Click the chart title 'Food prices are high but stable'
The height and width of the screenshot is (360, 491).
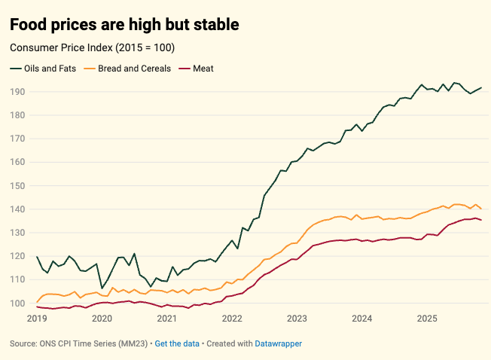pyautogui.click(x=124, y=25)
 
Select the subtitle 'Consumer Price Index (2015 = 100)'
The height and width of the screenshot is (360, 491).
pyautogui.click(x=92, y=48)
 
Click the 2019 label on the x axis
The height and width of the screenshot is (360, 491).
pyautogui.click(x=36, y=319)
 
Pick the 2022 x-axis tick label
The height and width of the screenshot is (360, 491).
pyautogui.click(x=231, y=319)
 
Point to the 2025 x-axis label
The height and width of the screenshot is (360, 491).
pyautogui.click(x=426, y=319)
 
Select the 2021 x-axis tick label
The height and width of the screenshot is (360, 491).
pyautogui.click(x=166, y=319)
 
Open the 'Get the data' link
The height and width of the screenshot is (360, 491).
pyautogui.click(x=177, y=343)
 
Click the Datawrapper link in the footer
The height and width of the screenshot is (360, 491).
pyautogui.click(x=277, y=343)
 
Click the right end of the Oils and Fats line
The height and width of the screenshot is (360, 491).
pyautogui.click(x=481, y=87)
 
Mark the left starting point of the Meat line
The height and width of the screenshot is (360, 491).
pyautogui.click(x=37, y=307)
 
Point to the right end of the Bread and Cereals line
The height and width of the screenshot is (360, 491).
pyautogui.click(x=481, y=209)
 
